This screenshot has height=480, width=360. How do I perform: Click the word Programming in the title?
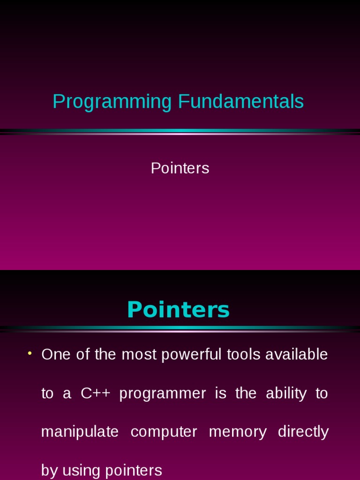tap(112, 102)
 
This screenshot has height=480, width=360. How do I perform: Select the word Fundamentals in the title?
tap(241, 101)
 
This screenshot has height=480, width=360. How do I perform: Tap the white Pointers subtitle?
tap(180, 168)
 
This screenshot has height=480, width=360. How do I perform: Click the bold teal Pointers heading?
tap(178, 309)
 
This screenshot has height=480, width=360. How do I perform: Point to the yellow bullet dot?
tap(30, 353)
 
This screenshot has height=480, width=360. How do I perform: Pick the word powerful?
tap(191, 355)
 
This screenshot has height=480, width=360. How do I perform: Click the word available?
tap(296, 354)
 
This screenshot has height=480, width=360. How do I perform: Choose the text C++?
tap(95, 393)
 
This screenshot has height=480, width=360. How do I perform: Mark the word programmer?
tap(163, 394)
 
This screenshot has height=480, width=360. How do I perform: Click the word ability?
tap(286, 393)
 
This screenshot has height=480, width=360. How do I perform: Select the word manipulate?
tap(80, 432)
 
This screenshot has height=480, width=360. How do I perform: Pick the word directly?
tap(303, 432)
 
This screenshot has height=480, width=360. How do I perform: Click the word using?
tap(82, 471)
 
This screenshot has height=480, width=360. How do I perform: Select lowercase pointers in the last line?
tap(134, 471)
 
